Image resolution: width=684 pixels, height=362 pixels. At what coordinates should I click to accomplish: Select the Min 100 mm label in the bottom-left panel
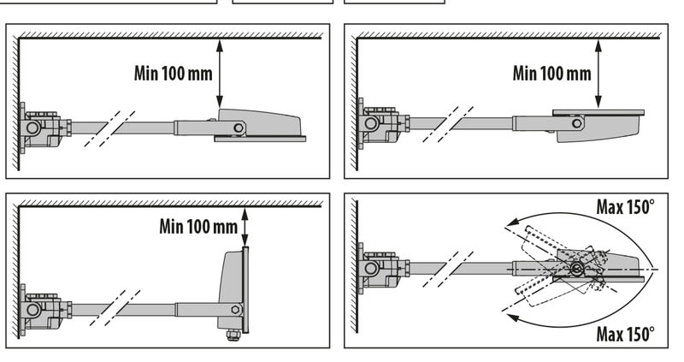(x=198, y=227)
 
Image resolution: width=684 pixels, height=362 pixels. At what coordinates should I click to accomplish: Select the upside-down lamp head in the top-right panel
(x=598, y=124)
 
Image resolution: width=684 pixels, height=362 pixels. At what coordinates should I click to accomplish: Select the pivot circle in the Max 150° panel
(x=577, y=270)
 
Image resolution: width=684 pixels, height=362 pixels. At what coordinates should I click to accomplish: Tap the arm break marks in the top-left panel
(x=103, y=128)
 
